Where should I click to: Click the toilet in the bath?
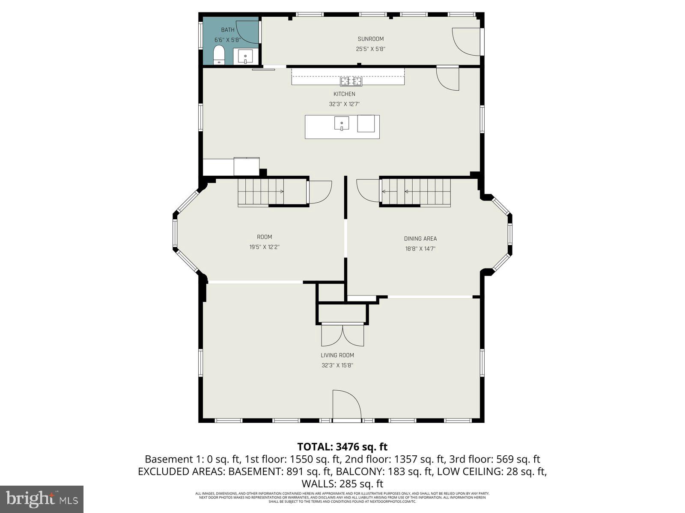(219, 55)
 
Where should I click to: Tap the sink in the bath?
(246, 56)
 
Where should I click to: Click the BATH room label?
(228, 30)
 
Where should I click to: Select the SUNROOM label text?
(371, 39)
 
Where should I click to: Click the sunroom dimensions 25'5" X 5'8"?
(371, 49)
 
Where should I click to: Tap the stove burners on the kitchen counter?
(351, 81)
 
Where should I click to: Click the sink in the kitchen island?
(342, 123)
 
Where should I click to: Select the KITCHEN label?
(344, 94)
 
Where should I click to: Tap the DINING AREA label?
(420, 239)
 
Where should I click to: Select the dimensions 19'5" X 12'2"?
(265, 247)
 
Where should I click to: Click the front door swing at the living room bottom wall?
(346, 404)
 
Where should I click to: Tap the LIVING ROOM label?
(337, 355)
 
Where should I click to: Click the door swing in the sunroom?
(467, 41)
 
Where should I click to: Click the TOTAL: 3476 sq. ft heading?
(342, 447)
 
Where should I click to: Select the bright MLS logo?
(42, 498)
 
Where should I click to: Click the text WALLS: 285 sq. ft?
(342, 484)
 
